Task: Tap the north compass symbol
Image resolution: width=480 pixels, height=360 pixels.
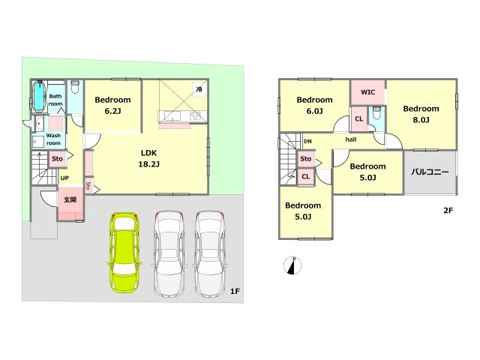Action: coord(292,265)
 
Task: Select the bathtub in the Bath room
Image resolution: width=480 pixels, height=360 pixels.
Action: coord(38,96)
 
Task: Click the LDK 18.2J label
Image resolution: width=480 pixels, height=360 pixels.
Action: coord(148,158)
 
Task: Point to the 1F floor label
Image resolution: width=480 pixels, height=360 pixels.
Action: coord(235,292)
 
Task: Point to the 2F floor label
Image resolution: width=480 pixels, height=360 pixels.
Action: coord(448,210)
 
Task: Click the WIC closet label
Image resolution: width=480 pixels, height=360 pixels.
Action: coord(367,92)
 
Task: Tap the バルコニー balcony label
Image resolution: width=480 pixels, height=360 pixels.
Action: coord(430,172)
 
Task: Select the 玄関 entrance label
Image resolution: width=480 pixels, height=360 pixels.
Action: coord(70,200)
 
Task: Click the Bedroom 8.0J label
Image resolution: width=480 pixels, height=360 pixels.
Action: coord(421,114)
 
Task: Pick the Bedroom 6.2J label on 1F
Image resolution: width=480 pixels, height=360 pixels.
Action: coord(112,105)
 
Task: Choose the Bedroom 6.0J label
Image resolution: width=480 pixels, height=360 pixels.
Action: coord(314,105)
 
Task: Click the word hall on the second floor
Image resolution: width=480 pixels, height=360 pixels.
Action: coord(351,139)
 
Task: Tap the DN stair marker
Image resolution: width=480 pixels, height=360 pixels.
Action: coord(307,142)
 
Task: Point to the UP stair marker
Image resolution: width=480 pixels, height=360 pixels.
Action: coord(64,178)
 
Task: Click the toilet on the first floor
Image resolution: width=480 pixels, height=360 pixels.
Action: coord(75,87)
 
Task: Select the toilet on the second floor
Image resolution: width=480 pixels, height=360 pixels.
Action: coord(376,112)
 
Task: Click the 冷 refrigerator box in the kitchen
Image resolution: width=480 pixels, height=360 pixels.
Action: coord(199,89)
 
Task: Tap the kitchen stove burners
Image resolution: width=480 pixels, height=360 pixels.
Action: coord(195,116)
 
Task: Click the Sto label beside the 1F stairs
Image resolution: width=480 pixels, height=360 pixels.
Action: coord(57,159)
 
